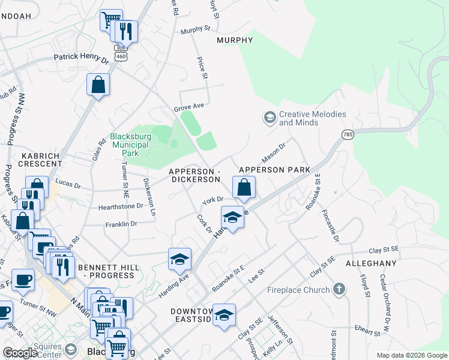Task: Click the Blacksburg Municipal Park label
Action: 130,145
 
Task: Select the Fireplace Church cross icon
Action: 339,290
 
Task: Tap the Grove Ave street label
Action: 189,107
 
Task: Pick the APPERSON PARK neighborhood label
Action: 274,170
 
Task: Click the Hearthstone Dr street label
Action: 121,206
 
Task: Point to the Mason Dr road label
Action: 273,152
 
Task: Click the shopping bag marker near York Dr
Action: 244,188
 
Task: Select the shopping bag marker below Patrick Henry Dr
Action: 98,85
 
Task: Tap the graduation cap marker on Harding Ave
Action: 179,259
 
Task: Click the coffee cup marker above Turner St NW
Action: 23,280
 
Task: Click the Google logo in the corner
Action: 20,353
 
